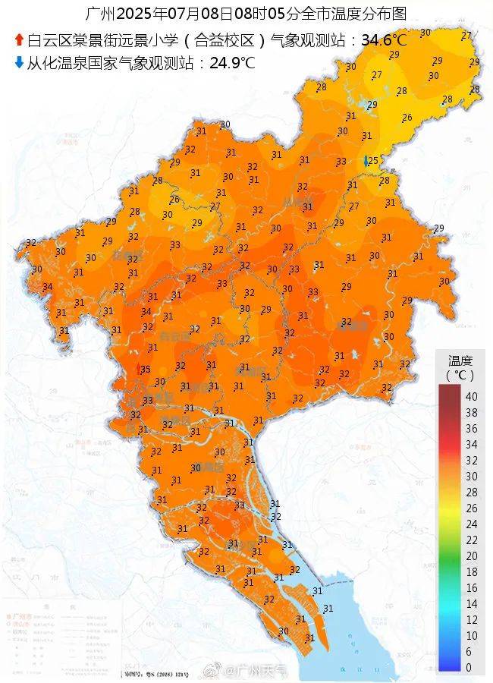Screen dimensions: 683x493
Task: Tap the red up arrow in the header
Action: (x=19, y=39)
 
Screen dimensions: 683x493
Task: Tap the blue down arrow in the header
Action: (x=19, y=63)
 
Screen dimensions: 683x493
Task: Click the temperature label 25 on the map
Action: (x=373, y=160)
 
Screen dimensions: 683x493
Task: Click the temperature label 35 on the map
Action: (x=146, y=367)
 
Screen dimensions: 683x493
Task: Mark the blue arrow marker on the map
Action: (x=366, y=161)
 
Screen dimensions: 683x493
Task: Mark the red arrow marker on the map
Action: (x=137, y=369)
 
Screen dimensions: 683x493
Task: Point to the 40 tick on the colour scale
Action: (x=471, y=396)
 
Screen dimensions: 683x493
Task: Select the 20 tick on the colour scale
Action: (x=471, y=556)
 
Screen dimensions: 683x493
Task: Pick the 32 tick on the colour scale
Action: (x=471, y=460)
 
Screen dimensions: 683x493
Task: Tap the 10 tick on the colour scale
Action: (x=471, y=635)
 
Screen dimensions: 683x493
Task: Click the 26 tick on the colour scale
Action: (x=471, y=508)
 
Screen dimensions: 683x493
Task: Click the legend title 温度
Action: (x=460, y=360)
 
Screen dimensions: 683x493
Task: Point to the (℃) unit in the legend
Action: (x=460, y=375)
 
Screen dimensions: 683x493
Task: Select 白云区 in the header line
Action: (x=46, y=39)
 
